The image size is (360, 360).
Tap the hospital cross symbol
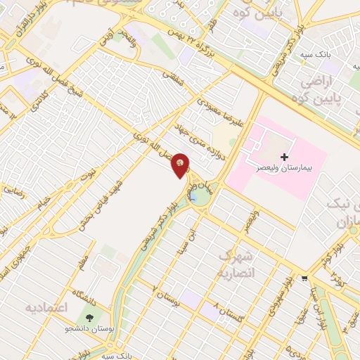(x=284, y=156)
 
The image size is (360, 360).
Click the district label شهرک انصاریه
(x=234, y=263)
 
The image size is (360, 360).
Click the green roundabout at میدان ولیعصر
(x=199, y=195)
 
